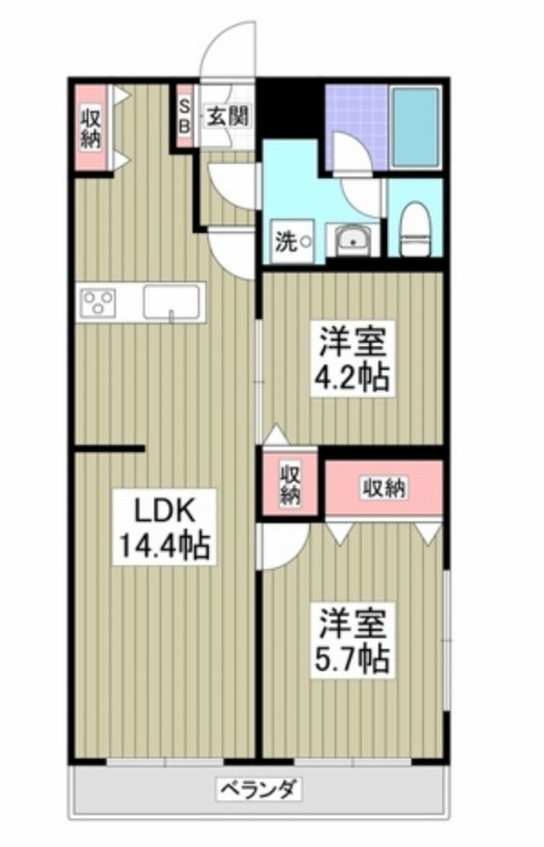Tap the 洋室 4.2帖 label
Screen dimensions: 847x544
354,358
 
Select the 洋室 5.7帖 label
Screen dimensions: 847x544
354,640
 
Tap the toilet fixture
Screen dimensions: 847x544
416,229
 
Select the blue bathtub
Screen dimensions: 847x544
414,128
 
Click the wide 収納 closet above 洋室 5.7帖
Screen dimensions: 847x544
384,488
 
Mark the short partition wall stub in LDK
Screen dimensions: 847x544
109,448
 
